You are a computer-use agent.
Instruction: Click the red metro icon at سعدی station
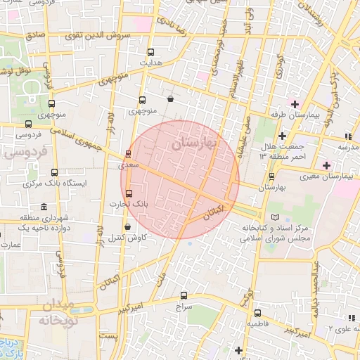[128, 154]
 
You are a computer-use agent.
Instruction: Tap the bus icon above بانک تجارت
[127, 193]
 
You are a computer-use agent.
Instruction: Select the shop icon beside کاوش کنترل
[127, 226]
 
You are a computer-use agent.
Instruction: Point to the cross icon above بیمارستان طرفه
[295, 104]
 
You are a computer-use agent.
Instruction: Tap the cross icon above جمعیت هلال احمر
[282, 136]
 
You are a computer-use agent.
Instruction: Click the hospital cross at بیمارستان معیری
[326, 165]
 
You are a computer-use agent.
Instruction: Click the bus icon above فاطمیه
[257, 313]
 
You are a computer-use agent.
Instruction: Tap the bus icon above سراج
[184, 296]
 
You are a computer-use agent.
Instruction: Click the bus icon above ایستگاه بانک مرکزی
[54, 172]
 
